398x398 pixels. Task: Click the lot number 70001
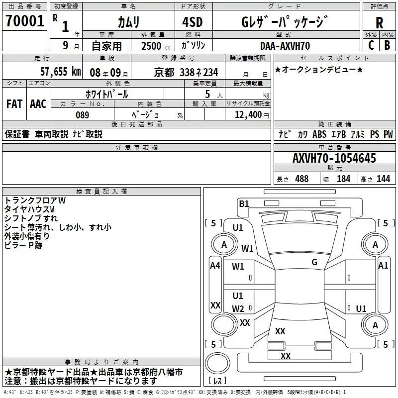point(24,21)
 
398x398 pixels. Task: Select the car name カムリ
point(128,22)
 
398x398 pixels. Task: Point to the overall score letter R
point(379,22)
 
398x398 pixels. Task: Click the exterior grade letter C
point(371,45)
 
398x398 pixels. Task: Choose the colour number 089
point(83,115)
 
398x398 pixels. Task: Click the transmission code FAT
point(14,104)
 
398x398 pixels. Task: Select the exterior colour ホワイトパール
point(107,94)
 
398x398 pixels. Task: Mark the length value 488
point(301,179)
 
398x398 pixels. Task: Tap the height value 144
point(383,179)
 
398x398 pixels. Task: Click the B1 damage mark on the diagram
point(244,203)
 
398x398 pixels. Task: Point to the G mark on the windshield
point(314,262)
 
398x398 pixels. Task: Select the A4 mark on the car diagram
point(215,266)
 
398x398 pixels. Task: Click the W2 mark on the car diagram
point(238,308)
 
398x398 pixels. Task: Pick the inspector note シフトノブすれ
point(31,218)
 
